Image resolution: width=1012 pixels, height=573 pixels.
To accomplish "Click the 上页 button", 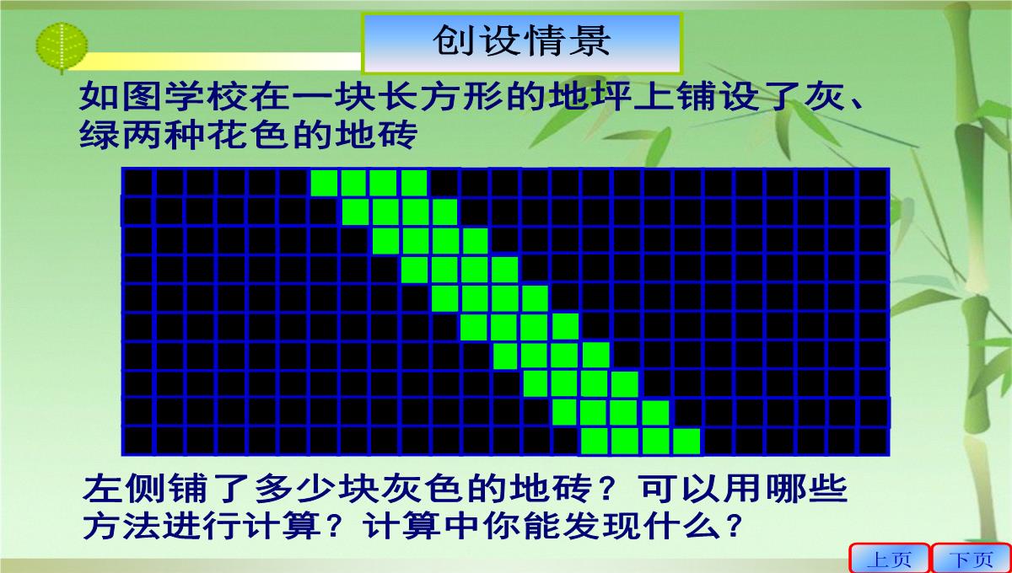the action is click(889, 558).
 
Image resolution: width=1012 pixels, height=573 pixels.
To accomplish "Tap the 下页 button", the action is click(972, 558).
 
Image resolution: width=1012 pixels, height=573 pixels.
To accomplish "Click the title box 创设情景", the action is click(522, 43).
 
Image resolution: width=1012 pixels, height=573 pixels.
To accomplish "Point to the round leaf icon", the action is click(62, 47).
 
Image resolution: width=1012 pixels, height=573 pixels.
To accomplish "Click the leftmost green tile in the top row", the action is click(324, 183).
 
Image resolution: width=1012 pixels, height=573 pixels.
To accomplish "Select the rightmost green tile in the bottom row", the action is click(686, 442).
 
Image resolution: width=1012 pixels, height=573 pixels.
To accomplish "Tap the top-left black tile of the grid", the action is click(138, 183).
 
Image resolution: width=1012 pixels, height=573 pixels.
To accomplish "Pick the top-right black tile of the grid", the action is click(872, 183).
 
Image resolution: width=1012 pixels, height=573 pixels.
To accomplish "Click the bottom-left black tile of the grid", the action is click(138, 442).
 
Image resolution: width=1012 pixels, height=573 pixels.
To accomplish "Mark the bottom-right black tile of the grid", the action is click(872, 442).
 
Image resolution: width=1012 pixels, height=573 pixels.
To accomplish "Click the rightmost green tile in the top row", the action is click(414, 183).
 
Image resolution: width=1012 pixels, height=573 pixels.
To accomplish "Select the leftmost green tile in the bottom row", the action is click(594, 442).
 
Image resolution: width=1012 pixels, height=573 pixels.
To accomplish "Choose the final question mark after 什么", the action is click(733, 526).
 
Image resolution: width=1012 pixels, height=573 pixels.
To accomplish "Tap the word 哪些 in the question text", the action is click(805, 489).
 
